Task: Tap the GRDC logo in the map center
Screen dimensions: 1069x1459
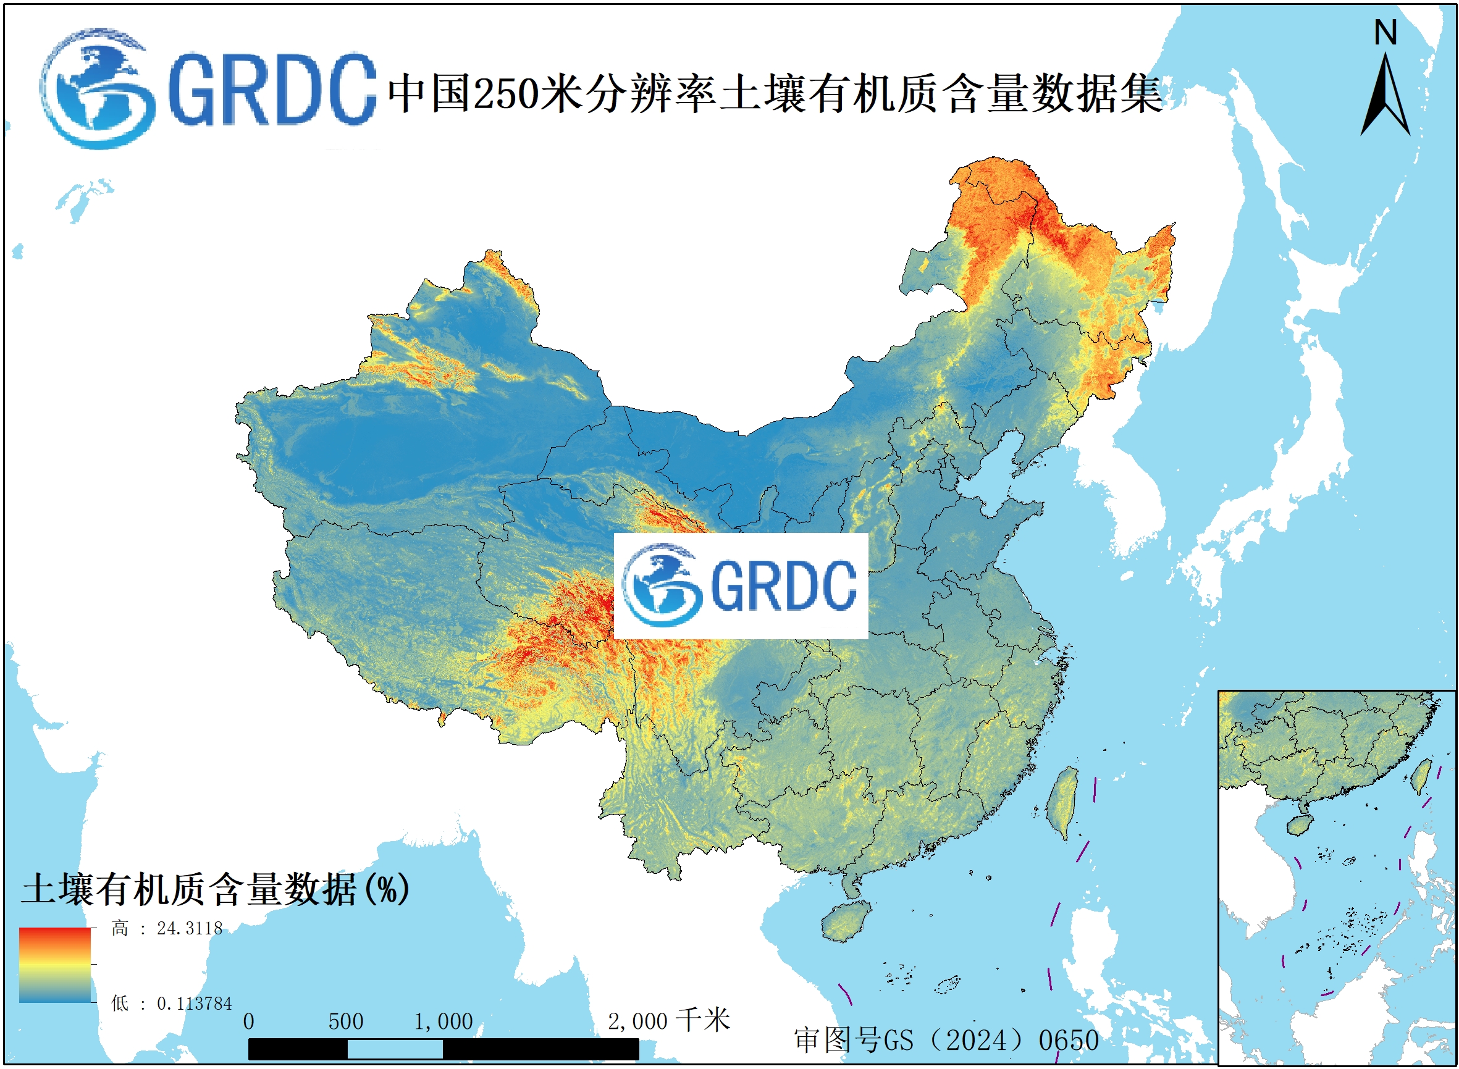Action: point(740,585)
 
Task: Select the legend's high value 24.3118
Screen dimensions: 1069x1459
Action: point(189,929)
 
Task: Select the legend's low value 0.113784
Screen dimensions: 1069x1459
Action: point(193,1004)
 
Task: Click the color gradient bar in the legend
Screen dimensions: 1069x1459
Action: point(54,965)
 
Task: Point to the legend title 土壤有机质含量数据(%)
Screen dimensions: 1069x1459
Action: point(215,889)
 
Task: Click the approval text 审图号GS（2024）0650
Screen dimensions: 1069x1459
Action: point(946,1041)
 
